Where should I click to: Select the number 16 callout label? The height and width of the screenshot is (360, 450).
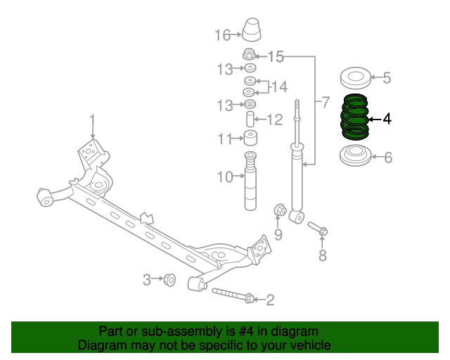tap(222, 34)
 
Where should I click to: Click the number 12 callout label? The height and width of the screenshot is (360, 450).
tap(274, 120)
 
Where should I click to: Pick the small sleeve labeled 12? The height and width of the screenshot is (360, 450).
tap(250, 117)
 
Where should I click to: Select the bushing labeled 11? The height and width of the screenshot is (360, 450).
tap(250, 137)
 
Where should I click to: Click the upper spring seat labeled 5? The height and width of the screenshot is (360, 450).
tap(354, 77)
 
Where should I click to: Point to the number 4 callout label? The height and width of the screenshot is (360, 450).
tap(386, 120)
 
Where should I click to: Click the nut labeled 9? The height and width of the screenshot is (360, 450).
tap(279, 210)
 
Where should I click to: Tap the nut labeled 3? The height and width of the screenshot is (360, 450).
tap(169, 280)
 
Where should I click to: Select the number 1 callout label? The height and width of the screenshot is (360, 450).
tap(92, 119)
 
